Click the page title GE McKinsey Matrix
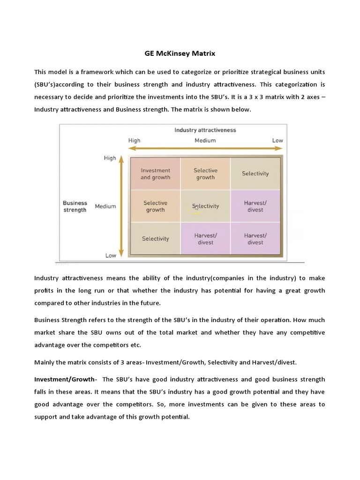click(180, 53)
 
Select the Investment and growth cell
click(155, 174)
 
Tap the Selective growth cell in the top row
click(205, 174)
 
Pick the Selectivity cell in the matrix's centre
click(205, 206)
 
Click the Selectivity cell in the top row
click(255, 173)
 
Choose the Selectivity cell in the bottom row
click(155, 239)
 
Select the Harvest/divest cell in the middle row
click(255, 206)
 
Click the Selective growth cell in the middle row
click(155, 206)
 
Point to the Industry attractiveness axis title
click(205, 130)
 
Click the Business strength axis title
click(75, 206)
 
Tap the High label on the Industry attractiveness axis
click(134, 140)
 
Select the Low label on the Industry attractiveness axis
click(277, 140)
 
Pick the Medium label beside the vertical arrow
click(105, 206)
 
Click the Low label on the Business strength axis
click(111, 255)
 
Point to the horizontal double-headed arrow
click(205, 149)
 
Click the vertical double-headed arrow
click(121, 206)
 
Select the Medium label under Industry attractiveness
click(205, 140)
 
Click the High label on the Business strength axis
click(110, 158)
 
